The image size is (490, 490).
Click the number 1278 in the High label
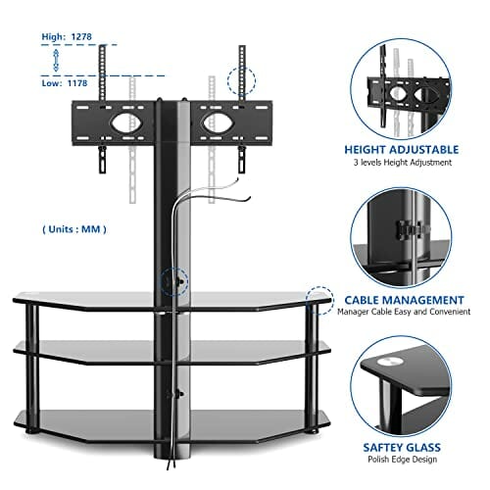[81, 36]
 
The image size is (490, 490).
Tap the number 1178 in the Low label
[77, 83]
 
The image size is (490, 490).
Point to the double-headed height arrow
[56, 60]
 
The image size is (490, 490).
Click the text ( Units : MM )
[74, 229]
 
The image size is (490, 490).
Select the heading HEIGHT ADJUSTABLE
[402, 150]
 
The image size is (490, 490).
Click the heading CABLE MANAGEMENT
[404, 300]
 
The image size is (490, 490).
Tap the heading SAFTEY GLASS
[402, 448]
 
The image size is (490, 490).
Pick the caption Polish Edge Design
[402, 460]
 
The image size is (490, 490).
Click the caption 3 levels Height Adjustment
[403, 163]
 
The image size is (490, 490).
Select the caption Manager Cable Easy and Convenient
[404, 312]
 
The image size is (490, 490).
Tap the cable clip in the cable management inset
[410, 229]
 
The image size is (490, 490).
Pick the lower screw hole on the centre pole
[178, 394]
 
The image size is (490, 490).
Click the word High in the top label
[53, 37]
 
